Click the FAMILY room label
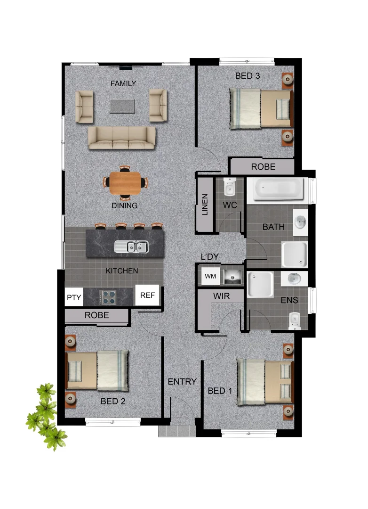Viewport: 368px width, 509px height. click(x=123, y=83)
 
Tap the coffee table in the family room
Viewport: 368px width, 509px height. click(x=122, y=106)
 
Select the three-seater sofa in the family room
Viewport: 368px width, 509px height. click(x=121, y=138)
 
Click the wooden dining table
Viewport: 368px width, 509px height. click(x=125, y=183)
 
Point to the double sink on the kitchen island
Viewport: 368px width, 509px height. click(x=133, y=246)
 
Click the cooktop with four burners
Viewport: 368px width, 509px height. click(x=109, y=297)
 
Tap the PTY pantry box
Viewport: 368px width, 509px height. click(x=73, y=297)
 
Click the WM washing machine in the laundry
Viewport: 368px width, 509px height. click(x=210, y=276)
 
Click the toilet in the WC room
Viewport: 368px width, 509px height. click(x=229, y=187)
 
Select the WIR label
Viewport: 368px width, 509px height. click(x=221, y=296)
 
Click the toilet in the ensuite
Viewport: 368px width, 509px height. click(x=294, y=320)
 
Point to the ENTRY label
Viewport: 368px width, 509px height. click(x=182, y=381)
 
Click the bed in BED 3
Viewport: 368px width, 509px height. click(x=260, y=109)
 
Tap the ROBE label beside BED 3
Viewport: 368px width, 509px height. click(x=263, y=166)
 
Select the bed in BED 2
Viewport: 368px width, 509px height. click(x=97, y=370)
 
